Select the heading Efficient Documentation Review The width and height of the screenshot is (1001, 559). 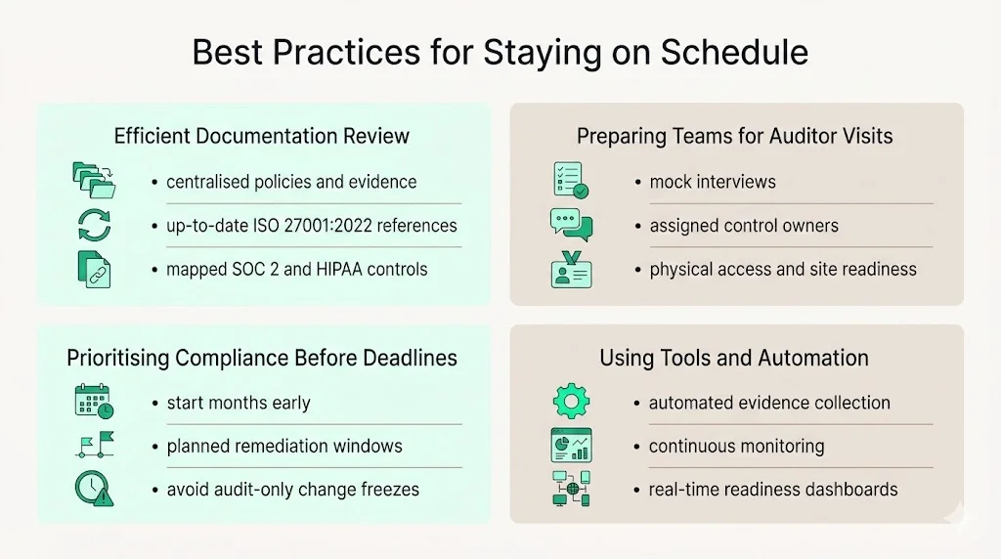coord(262,136)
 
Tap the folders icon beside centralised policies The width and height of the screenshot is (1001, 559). coord(94,181)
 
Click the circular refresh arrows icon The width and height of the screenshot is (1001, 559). coord(94,225)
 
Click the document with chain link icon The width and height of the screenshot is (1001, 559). coord(94,269)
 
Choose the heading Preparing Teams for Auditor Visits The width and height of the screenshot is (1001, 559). coord(735,136)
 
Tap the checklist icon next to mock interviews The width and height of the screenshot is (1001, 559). coord(570,181)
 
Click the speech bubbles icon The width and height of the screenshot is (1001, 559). coord(571,225)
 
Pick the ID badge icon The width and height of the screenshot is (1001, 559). coord(571,269)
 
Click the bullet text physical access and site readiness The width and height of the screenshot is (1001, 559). coord(783,269)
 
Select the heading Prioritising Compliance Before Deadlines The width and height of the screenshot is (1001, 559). coord(262,358)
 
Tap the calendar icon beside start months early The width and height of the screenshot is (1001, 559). coord(94,402)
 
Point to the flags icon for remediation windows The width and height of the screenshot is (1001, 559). coord(94,446)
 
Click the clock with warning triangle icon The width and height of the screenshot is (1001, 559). coord(94,489)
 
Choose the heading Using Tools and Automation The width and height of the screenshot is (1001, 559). coord(734,358)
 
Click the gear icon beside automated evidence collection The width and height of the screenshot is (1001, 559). coord(571,402)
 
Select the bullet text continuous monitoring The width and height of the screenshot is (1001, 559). coord(736,447)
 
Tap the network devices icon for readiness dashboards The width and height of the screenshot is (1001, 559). coord(571,489)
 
